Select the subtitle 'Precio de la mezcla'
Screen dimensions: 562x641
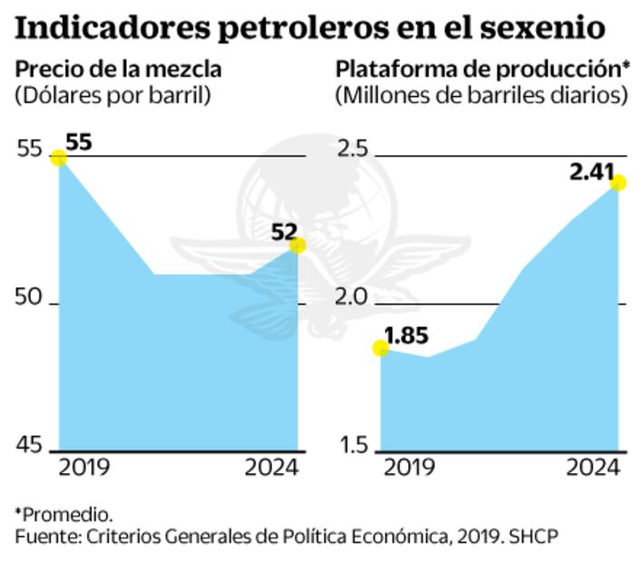pyautogui.click(x=119, y=69)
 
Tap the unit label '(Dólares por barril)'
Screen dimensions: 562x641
pyautogui.click(x=113, y=95)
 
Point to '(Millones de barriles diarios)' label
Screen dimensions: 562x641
pyautogui.click(x=481, y=95)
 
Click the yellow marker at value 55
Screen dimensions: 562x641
pyautogui.click(x=59, y=158)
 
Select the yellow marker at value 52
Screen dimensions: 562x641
pyautogui.click(x=296, y=246)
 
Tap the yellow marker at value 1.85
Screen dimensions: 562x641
pyautogui.click(x=382, y=348)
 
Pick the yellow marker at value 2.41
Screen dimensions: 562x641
pyautogui.click(x=619, y=183)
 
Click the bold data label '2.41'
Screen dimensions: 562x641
pyautogui.click(x=592, y=170)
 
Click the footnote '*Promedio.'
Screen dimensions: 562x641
pyautogui.click(x=63, y=514)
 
